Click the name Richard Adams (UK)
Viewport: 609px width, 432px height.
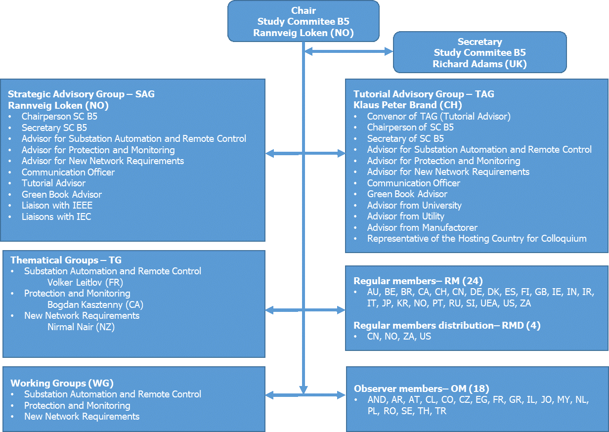coord(479,64)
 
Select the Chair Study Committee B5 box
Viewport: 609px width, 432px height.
coord(303,21)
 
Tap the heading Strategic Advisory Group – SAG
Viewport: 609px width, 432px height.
coord(81,94)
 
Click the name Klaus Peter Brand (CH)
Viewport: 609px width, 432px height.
coord(407,105)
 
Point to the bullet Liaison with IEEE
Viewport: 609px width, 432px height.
coord(57,205)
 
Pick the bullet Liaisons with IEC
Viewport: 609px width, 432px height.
coord(56,216)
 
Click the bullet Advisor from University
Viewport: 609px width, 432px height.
coord(414,205)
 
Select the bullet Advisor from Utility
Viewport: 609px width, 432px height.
coord(405,216)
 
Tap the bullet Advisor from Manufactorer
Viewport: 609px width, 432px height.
coord(422,227)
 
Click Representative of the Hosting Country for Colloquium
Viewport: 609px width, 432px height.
coord(477,238)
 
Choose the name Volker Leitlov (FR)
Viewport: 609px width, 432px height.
coord(85,282)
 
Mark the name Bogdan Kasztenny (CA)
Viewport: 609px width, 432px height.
coord(95,304)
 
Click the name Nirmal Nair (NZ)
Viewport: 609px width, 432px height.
coord(81,327)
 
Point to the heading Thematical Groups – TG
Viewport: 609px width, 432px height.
coord(66,260)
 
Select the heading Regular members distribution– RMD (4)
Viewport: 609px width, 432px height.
coord(447,325)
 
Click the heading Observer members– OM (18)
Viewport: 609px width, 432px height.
coord(421,389)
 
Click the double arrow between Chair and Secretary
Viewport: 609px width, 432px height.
coord(348,51)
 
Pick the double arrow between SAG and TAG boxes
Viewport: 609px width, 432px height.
coord(305,154)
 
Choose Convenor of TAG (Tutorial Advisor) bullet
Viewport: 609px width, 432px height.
coord(438,116)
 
